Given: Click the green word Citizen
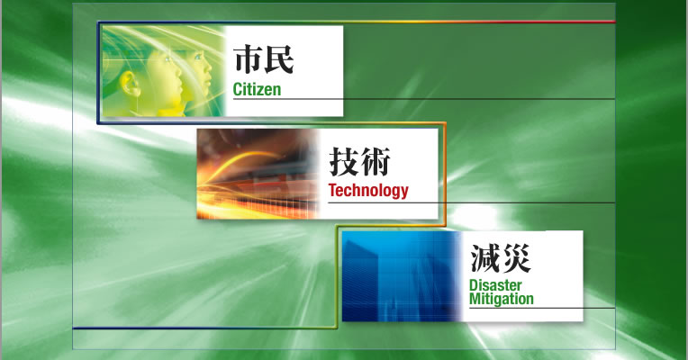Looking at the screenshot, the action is [257, 89].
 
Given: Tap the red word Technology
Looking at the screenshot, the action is [368, 191].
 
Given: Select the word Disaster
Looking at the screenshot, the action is [495, 285].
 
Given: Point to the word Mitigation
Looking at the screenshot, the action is [502, 299].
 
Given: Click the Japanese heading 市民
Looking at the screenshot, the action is [263, 59].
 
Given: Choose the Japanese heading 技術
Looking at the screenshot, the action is [359, 161].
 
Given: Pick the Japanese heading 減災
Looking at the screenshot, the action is [501, 258].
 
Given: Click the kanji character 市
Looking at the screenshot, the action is [248, 59].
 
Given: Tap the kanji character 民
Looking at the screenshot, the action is [279, 59].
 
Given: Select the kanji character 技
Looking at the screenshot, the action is [344, 161].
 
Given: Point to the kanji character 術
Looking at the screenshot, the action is [376, 161].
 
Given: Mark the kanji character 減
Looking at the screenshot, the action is [484, 258].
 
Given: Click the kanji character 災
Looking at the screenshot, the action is [516, 258].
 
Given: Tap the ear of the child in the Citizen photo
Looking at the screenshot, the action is [131, 84].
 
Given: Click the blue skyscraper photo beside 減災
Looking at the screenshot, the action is [402, 276].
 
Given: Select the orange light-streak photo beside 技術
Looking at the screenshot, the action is [258, 174].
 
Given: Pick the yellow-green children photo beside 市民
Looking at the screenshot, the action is [163, 71].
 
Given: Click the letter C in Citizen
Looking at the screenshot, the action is [238, 89].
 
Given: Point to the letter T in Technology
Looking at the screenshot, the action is [332, 190].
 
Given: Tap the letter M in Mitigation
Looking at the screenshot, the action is [475, 299].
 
